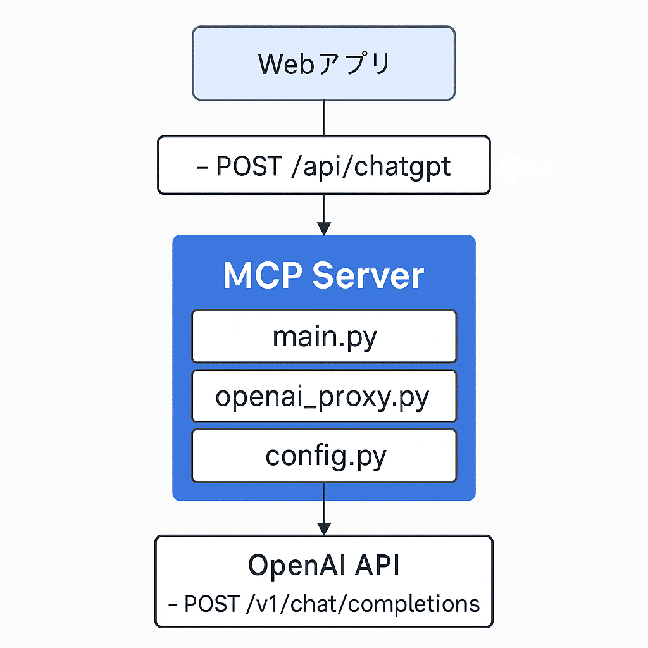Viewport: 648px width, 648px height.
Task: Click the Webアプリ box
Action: pyautogui.click(x=323, y=63)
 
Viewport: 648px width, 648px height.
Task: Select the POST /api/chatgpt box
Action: pyautogui.click(x=323, y=165)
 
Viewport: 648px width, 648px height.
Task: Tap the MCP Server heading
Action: pyautogui.click(x=323, y=276)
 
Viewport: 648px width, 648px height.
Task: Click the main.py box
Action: pyautogui.click(x=323, y=336)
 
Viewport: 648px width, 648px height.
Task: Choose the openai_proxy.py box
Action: pyautogui.click(x=323, y=396)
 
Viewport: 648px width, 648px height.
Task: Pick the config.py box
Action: pyautogui.click(x=323, y=456)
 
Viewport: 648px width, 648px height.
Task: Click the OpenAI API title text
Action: pyautogui.click(x=323, y=565)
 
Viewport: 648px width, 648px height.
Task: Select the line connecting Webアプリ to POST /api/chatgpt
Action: pyautogui.click(x=323, y=118)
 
